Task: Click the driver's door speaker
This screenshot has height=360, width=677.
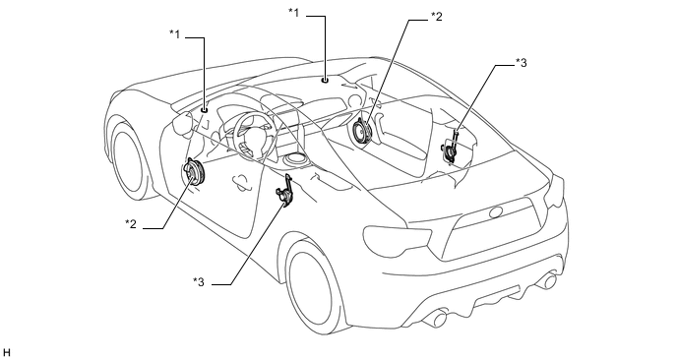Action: click(x=194, y=172)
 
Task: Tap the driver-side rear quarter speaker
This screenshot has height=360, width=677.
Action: click(x=285, y=191)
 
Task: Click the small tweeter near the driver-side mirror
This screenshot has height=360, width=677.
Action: click(x=205, y=110)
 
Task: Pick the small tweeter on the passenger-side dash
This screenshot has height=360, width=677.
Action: click(x=325, y=80)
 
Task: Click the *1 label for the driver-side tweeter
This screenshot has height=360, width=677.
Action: click(x=175, y=34)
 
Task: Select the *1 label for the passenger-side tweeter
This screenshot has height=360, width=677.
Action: click(x=294, y=13)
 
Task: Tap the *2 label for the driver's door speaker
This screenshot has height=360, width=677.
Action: click(x=131, y=224)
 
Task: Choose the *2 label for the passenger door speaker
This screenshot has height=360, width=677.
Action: click(x=437, y=17)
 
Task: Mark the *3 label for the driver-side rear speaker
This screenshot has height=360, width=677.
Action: click(x=199, y=282)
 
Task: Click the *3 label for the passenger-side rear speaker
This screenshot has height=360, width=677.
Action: click(x=522, y=63)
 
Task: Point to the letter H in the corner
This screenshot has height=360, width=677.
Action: click(x=6, y=353)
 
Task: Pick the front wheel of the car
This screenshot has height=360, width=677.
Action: click(x=129, y=161)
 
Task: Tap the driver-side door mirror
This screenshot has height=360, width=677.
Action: click(x=182, y=125)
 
